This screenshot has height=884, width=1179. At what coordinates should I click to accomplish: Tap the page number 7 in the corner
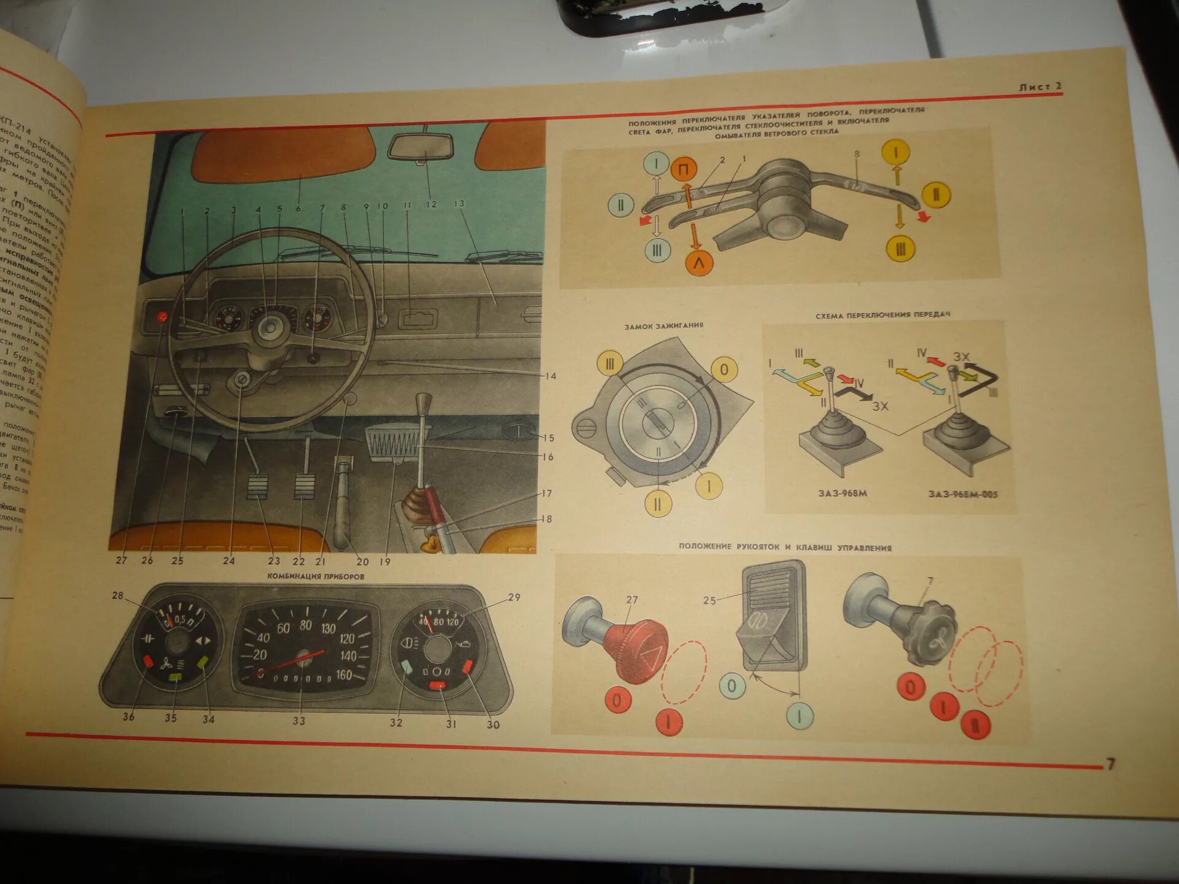1110,764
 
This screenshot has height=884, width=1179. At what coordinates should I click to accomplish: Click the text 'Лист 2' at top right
1040,87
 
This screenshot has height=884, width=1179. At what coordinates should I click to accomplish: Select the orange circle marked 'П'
683,169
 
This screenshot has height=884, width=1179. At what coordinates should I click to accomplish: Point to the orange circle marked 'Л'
698,263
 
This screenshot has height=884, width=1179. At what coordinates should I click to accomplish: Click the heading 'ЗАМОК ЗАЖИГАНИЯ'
663,326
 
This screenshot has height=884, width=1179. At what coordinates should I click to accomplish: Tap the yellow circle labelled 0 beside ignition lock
725,370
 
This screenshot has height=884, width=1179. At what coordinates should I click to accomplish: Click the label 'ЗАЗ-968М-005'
962,494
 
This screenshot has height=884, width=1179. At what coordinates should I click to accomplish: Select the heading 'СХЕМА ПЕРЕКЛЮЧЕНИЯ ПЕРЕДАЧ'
882,315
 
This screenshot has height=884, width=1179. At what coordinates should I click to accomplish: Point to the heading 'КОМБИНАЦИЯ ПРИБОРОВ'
316,576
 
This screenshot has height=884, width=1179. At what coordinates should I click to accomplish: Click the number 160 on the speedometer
344,675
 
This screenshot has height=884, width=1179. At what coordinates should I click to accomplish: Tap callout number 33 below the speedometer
298,721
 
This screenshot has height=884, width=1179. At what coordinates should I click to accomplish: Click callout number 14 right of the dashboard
550,376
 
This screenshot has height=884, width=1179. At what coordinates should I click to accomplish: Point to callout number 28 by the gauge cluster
117,595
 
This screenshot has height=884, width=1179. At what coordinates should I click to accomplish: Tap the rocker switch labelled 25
772,620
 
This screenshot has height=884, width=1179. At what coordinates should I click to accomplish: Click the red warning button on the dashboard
162,317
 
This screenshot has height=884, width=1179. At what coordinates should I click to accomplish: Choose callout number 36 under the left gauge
128,716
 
